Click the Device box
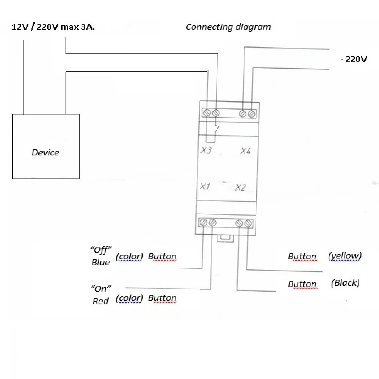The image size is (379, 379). coord(46,146)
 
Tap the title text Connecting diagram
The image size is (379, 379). coord(228,27)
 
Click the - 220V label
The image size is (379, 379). coord(353,59)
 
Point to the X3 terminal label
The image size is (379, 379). coord(206,150)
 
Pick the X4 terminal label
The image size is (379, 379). coord(245,151)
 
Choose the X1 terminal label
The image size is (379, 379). coord(205,186)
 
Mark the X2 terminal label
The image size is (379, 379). coord(240,187)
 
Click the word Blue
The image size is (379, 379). coord(100,262)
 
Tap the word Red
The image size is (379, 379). coord(100,301)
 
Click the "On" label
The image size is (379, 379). coord(100,288)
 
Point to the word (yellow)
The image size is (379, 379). coord(345,256)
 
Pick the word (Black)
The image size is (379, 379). coord(345,283)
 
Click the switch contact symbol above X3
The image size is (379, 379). coord(215,130)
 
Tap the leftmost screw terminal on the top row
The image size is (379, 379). coord(207,113)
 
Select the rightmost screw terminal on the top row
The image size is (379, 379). coord(252,113)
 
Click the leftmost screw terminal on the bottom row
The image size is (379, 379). coord(204,223)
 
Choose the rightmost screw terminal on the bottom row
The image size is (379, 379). coord(248,224)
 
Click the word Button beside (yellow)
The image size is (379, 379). coord(302,257)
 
